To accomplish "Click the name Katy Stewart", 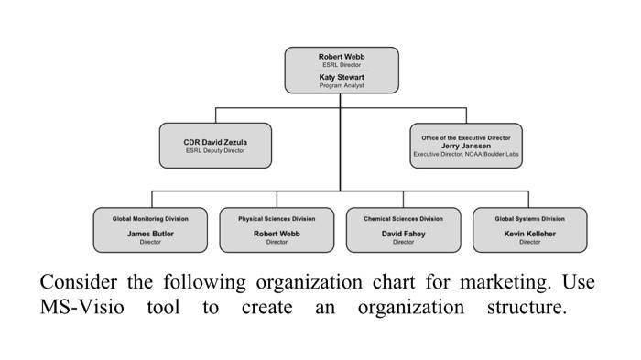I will click(342, 78).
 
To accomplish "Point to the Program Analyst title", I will click(342, 85).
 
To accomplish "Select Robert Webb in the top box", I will click(342, 57).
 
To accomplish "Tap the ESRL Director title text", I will click(342, 65).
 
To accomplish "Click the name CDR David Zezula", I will click(215, 142).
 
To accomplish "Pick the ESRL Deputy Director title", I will click(215, 150).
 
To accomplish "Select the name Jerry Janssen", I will click(466, 146).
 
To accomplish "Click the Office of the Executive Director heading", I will click(466, 137).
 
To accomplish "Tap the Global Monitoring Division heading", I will click(150, 219).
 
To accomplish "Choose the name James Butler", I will click(150, 234).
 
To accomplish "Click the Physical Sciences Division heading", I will click(277, 219).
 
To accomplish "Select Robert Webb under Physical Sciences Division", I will click(277, 234).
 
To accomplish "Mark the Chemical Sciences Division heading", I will click(403, 219).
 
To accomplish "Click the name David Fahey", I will click(403, 234).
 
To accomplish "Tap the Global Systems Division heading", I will click(529, 219).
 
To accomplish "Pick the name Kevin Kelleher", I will click(529, 234).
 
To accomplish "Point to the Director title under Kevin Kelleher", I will click(529, 242).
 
